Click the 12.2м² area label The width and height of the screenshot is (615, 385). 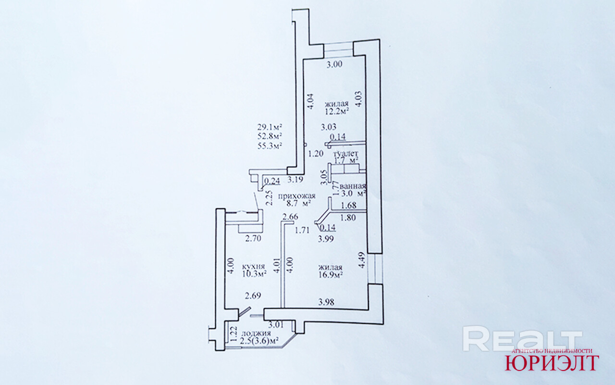tap(337, 111)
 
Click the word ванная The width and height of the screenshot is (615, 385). tap(353, 186)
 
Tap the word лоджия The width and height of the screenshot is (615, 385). tap(256, 333)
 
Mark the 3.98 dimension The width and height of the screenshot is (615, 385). tap(326, 302)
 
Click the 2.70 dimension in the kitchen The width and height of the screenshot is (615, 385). tap(253, 238)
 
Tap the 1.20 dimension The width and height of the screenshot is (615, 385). tap(315, 154)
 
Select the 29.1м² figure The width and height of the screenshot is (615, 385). tap(269, 127)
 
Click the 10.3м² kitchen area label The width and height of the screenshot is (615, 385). tap(255, 274)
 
